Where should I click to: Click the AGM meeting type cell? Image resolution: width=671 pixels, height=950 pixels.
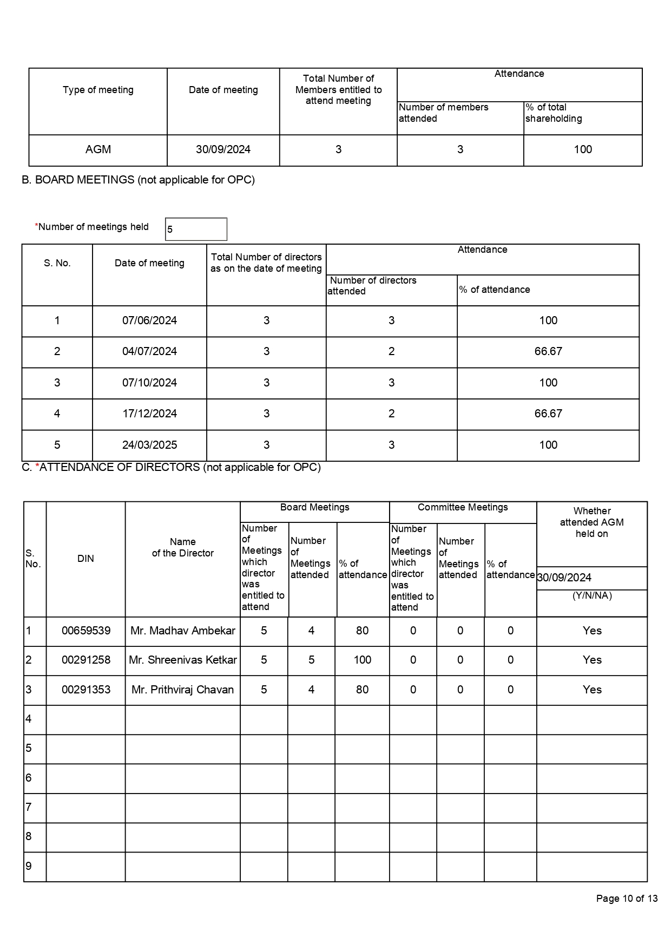[98, 149]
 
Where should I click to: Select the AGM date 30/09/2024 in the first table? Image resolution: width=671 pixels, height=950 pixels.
[223, 149]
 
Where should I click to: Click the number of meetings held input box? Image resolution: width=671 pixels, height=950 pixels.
[196, 229]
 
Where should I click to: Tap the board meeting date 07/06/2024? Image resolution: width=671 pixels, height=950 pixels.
[149, 320]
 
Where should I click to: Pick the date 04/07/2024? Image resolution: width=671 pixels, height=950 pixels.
[149, 351]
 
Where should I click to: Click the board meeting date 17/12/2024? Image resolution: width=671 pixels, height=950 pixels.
[149, 414]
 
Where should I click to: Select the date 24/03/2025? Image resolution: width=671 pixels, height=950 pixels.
[149, 445]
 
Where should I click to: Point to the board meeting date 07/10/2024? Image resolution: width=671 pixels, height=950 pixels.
[149, 383]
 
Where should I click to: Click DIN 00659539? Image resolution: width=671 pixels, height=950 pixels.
[86, 631]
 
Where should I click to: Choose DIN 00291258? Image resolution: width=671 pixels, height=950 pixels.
[86, 660]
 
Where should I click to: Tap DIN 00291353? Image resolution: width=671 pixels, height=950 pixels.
[86, 690]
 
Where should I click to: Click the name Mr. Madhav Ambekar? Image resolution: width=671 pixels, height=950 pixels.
[183, 631]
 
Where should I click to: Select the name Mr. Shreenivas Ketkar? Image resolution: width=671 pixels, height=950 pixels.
[183, 660]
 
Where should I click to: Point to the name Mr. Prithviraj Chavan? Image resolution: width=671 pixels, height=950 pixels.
[183, 690]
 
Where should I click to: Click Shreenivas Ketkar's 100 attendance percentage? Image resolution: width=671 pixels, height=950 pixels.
[362, 660]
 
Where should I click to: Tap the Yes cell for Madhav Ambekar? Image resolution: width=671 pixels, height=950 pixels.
[592, 631]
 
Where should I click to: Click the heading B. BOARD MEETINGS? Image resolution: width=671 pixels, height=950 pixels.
[138, 180]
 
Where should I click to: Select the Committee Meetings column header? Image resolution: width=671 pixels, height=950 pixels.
[463, 507]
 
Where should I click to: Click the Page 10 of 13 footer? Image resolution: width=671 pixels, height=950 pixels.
[627, 899]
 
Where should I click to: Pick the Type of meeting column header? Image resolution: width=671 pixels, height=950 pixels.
[98, 90]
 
